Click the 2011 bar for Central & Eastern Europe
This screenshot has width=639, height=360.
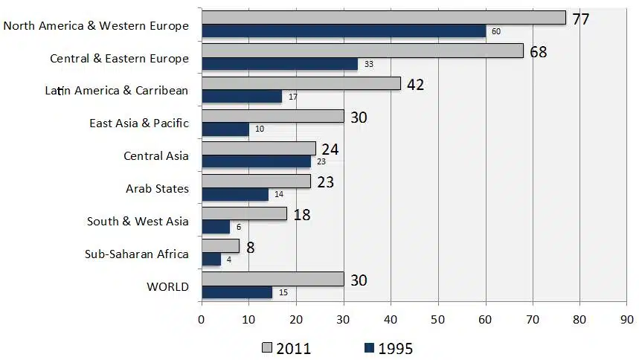click(x=362, y=51)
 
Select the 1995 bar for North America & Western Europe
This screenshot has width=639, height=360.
click(x=343, y=31)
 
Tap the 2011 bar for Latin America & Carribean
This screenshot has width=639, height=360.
click(x=301, y=84)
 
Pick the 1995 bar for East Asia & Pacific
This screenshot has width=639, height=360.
click(x=225, y=129)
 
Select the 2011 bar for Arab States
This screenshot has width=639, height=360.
click(x=256, y=181)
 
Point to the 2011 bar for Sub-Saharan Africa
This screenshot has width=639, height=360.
click(x=220, y=245)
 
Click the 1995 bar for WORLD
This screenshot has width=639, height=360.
click(x=237, y=292)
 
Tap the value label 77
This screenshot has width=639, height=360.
click(x=580, y=19)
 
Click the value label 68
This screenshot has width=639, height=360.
click(x=539, y=52)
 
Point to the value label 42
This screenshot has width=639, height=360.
click(x=415, y=85)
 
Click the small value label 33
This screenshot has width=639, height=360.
click(x=368, y=65)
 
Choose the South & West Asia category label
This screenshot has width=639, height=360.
click(x=138, y=222)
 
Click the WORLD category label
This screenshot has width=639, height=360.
click(x=169, y=286)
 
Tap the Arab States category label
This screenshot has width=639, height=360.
click(x=157, y=189)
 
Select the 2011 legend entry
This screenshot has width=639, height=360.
click(x=286, y=348)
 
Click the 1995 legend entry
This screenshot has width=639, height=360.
click(x=388, y=348)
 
